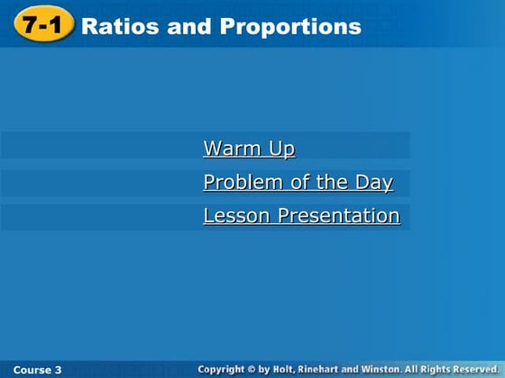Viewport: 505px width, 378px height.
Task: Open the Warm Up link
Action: (x=249, y=148)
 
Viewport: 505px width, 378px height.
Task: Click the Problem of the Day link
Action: (x=298, y=183)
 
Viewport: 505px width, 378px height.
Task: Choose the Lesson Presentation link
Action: (x=301, y=216)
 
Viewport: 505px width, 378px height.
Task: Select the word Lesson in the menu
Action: (x=236, y=216)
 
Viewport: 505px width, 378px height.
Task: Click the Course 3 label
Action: (x=38, y=370)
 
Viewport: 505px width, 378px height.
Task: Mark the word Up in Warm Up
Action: (x=281, y=148)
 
